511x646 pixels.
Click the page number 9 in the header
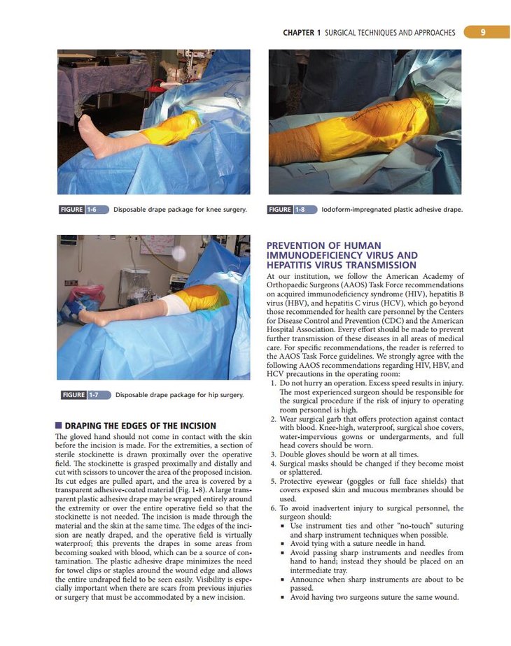(x=484, y=32)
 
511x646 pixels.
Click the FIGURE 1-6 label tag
(x=82, y=209)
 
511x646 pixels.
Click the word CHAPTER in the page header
(x=298, y=33)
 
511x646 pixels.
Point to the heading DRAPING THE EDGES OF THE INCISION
(x=140, y=426)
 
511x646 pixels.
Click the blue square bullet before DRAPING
(x=58, y=426)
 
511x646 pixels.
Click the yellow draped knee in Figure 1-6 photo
(x=168, y=129)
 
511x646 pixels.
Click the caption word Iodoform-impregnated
(x=358, y=209)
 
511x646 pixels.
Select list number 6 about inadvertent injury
(x=273, y=508)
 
